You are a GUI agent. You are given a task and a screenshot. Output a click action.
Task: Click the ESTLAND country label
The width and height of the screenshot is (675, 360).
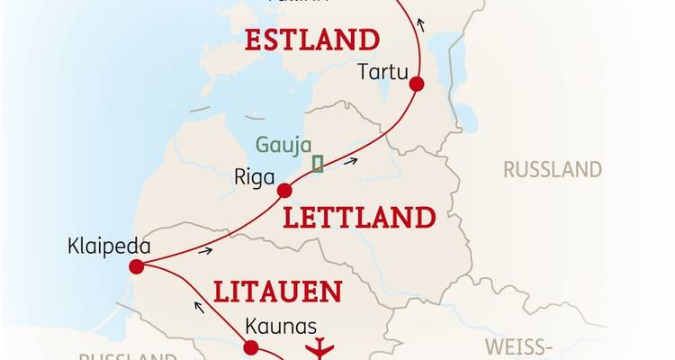(310, 40)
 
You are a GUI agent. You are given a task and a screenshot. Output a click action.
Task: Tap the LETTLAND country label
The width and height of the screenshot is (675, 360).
(358, 218)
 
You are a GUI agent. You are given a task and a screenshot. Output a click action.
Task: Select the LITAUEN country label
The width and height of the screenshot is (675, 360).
(277, 292)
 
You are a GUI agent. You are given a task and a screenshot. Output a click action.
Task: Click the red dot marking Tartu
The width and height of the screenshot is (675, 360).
(416, 85)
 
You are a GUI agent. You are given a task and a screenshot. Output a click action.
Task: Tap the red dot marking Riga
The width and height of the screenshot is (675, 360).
(284, 190)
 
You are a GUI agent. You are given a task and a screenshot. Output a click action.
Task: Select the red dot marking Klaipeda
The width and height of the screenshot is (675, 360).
(136, 266)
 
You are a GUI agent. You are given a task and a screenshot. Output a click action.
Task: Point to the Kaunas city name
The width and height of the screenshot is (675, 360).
(274, 328)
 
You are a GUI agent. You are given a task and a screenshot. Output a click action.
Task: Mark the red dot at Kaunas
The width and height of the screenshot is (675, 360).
(251, 347)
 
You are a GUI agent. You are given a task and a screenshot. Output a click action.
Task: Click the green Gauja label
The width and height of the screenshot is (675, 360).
(283, 145)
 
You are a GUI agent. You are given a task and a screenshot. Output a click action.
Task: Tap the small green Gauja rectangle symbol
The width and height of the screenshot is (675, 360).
(317, 163)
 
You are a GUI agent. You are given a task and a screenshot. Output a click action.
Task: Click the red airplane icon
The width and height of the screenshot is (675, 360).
(319, 348)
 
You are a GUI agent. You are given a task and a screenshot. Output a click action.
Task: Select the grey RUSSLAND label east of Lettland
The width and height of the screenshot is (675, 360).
(552, 169)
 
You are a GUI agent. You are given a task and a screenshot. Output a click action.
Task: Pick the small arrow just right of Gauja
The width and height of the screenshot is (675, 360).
(350, 162)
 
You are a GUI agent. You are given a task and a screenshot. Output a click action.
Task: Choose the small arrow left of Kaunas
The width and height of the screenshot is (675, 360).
(198, 306)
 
